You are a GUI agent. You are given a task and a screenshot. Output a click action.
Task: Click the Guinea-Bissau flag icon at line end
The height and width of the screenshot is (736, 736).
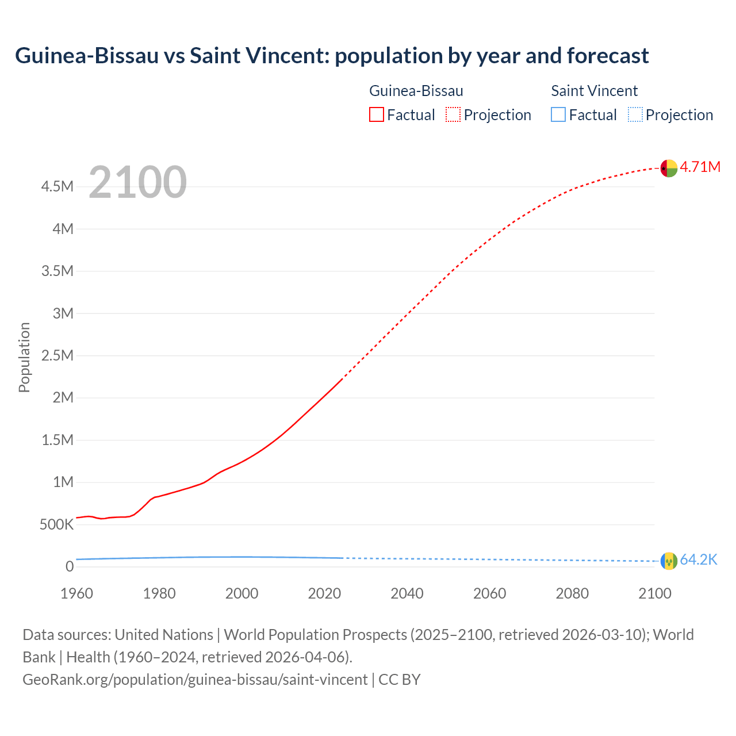669,168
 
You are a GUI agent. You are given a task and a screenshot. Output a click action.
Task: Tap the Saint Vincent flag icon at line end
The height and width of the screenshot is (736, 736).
669,561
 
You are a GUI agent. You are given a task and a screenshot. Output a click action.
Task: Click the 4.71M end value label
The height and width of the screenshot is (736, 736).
700,167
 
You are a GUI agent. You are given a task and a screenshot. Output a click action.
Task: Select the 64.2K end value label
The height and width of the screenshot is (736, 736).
699,560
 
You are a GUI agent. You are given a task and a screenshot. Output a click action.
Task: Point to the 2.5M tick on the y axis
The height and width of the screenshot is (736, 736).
57,355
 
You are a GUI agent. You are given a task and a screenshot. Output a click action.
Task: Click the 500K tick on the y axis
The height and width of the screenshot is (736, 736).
57,524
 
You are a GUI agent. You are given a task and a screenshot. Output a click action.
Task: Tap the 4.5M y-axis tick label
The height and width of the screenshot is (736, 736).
57,187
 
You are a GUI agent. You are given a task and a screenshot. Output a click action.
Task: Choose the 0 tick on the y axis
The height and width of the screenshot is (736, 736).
70,567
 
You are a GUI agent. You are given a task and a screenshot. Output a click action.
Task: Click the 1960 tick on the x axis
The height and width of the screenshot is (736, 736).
76,593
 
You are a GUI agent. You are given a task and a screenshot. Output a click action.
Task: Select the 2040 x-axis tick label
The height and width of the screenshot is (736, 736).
407,593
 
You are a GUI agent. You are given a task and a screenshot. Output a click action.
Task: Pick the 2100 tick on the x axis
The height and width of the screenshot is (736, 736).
655,593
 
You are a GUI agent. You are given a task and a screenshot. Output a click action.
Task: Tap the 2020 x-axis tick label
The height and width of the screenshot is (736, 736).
324,593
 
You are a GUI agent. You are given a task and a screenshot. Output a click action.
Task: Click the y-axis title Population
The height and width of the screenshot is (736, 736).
24,357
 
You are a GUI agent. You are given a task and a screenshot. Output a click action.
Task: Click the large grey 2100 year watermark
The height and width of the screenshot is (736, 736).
137,182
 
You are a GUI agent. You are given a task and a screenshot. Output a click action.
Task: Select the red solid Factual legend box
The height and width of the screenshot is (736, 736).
377,115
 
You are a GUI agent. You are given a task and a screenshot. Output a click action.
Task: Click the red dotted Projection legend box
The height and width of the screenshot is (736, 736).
453,115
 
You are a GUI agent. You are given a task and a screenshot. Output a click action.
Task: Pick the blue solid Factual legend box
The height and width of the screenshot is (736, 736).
558,115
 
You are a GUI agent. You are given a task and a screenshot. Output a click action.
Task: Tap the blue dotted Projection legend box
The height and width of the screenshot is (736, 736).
635,115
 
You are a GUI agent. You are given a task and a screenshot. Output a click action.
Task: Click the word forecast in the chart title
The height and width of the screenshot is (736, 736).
608,56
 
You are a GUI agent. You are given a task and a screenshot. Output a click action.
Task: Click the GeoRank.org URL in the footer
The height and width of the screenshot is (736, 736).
195,680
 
